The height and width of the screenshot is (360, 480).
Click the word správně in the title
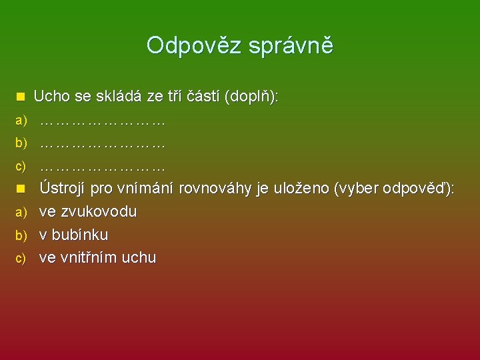(x=291, y=46)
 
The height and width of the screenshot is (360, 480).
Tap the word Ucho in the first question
(x=53, y=97)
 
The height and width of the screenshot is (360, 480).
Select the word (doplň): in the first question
(x=253, y=97)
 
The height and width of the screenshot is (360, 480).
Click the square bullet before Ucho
(x=21, y=97)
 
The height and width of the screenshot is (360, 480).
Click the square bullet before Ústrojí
(x=21, y=189)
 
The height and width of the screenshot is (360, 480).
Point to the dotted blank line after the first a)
(x=102, y=121)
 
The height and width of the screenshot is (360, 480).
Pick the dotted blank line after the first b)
(x=102, y=143)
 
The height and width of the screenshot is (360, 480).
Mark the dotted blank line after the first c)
(x=102, y=165)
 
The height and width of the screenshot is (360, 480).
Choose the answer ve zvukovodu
(x=88, y=212)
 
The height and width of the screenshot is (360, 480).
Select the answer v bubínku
(x=73, y=235)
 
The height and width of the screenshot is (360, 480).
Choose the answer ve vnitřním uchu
(x=97, y=258)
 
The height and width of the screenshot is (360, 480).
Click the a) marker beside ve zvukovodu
(x=21, y=213)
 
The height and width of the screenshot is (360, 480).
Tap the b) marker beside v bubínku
(x=21, y=235)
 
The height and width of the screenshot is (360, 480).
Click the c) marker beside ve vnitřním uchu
(x=21, y=258)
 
